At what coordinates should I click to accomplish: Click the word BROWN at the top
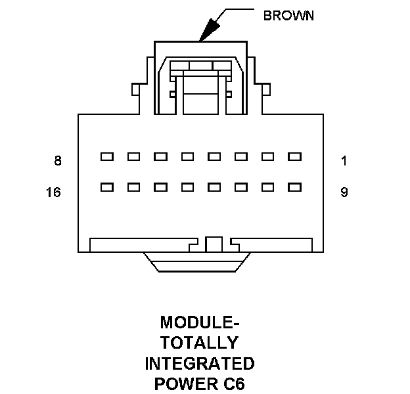(288, 15)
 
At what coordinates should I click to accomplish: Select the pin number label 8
(58, 160)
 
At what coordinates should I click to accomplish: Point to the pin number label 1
(344, 160)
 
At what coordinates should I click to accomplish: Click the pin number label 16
(54, 192)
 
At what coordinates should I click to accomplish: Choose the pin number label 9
(344, 192)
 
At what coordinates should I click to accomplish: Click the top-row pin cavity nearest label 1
(294, 157)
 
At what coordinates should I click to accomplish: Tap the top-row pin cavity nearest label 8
(106, 157)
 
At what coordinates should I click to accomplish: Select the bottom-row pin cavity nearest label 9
(294, 187)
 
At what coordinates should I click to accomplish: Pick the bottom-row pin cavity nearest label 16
(106, 187)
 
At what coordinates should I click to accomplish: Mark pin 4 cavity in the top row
(214, 157)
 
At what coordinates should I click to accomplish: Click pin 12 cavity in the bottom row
(214, 187)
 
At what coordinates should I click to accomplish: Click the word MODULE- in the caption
(200, 323)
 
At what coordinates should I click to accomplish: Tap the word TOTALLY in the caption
(200, 343)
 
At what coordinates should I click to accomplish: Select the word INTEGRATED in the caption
(200, 363)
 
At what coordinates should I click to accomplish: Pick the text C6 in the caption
(233, 383)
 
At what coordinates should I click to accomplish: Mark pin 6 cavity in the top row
(160, 157)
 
